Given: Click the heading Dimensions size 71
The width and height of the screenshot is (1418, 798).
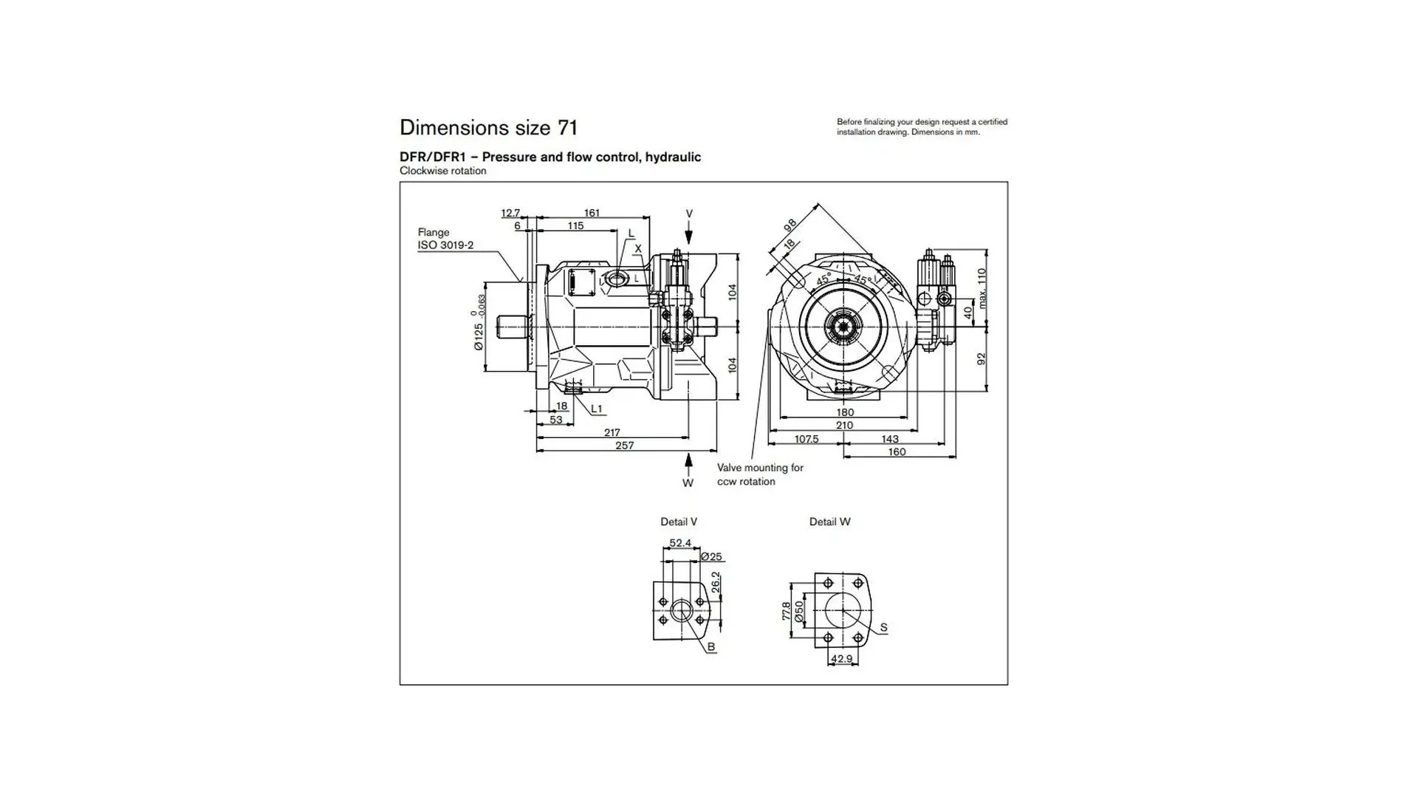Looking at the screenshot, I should click(x=488, y=128).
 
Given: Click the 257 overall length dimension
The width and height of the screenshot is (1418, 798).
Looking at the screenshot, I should click(x=625, y=446).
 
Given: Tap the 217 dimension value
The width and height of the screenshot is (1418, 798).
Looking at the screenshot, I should click(x=612, y=433).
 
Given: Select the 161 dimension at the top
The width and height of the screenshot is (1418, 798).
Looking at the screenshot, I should click(x=592, y=213).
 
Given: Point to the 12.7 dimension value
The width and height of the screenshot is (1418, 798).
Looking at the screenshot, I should click(x=510, y=213).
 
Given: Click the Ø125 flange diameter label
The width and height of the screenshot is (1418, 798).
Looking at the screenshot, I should click(x=479, y=335).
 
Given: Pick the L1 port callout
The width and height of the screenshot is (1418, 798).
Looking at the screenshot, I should click(x=597, y=409).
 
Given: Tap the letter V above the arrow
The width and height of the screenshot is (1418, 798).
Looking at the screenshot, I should click(x=689, y=214).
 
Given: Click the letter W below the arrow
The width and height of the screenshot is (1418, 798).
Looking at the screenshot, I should click(x=688, y=483).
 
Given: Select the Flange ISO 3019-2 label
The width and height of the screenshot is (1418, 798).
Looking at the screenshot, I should click(x=445, y=239).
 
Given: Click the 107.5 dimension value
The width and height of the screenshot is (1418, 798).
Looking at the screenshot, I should click(x=806, y=439).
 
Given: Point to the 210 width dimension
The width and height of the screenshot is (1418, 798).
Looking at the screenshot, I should click(x=844, y=426).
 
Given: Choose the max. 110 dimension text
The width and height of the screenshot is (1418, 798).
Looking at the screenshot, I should click(x=982, y=288).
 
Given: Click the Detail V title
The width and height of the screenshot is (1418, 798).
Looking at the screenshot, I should click(x=679, y=522).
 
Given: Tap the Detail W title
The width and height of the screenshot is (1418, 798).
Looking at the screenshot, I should click(x=829, y=522).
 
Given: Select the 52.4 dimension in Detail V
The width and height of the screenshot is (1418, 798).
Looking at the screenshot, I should click(x=680, y=543).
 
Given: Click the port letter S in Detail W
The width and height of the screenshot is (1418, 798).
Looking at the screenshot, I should click(x=883, y=627).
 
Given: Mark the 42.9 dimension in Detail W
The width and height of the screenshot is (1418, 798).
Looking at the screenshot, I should click(x=841, y=659).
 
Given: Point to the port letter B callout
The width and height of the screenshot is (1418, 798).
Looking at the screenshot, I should click(x=711, y=647).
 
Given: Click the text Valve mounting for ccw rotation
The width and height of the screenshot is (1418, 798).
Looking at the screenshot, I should click(x=760, y=474).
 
